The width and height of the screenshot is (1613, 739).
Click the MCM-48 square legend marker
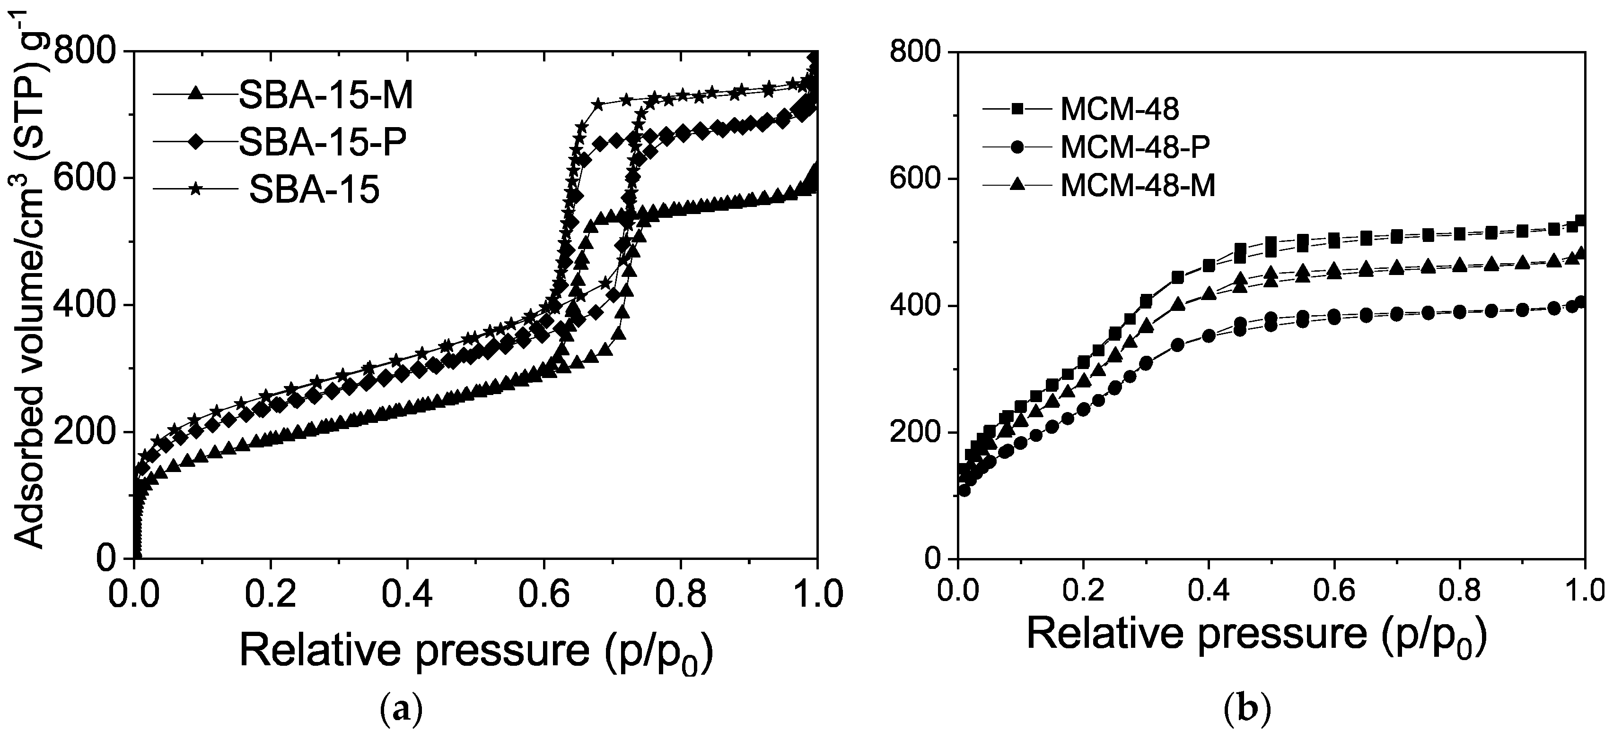[1017, 109]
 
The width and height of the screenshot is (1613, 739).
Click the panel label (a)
[402, 710]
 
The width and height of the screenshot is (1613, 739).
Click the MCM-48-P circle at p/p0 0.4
[1209, 336]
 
